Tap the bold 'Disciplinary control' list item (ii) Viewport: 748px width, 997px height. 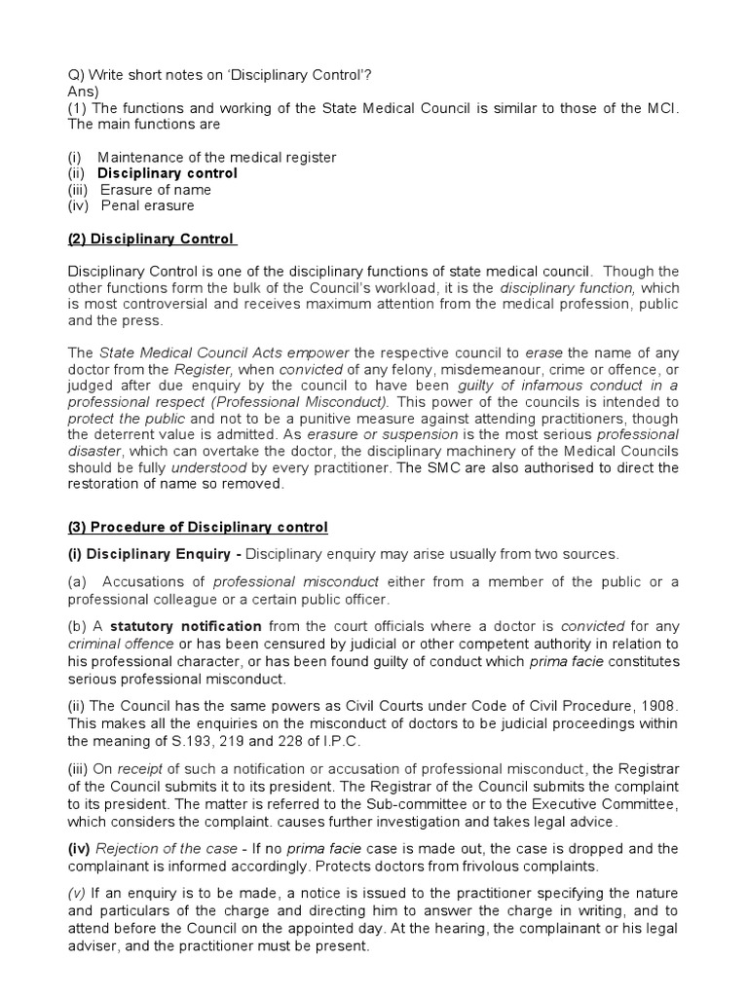pyautogui.click(x=167, y=173)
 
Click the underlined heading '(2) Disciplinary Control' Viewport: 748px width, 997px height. pyautogui.click(x=151, y=239)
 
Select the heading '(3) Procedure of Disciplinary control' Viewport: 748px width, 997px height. pyautogui.click(x=198, y=527)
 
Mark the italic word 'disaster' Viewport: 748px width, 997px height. pyautogui.click(x=95, y=451)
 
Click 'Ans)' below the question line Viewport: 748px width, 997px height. pyautogui.click(x=85, y=91)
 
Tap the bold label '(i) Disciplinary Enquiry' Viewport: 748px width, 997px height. pyautogui.click(x=149, y=554)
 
